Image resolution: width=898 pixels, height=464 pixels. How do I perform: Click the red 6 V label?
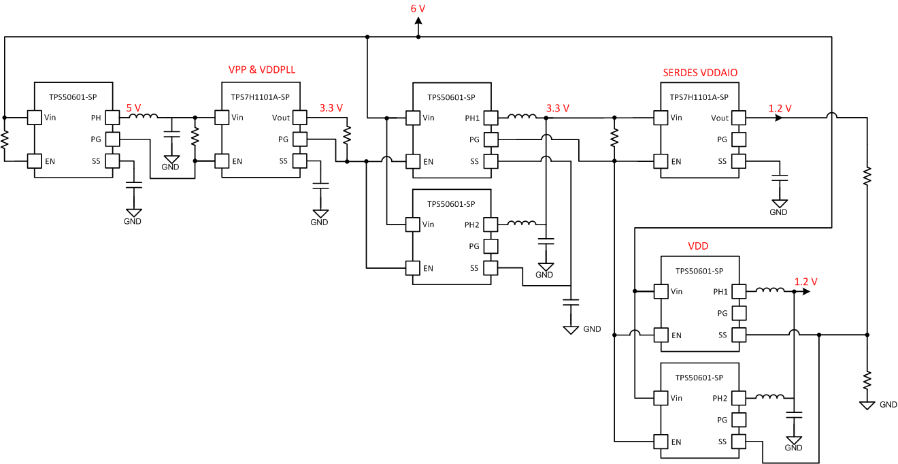coord(418,8)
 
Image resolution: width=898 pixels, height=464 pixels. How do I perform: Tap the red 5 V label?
coord(134,107)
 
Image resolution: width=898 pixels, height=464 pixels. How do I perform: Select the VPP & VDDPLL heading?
coord(262,70)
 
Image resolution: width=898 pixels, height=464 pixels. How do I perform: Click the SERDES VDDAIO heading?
coord(700,72)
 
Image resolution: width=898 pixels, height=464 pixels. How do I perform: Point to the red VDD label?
coord(698,246)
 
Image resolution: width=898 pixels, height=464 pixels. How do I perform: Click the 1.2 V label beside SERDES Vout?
coord(780,108)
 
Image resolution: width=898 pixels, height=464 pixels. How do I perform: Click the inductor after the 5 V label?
coord(144,117)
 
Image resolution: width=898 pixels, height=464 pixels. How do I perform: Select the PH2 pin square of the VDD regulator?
coord(739,398)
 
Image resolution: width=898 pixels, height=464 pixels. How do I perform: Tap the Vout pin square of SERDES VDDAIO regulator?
coord(739,118)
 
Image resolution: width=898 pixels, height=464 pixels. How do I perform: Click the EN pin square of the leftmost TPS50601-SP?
coord(34,161)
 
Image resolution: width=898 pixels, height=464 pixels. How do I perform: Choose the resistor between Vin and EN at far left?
coord(5,139)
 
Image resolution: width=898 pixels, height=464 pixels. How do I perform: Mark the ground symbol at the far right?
coord(867,405)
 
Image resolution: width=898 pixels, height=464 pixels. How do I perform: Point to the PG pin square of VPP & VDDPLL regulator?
coord(300,139)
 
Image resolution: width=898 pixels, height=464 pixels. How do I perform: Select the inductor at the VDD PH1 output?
coord(769,291)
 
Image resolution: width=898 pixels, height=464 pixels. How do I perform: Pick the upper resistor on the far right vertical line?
coord(867,176)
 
